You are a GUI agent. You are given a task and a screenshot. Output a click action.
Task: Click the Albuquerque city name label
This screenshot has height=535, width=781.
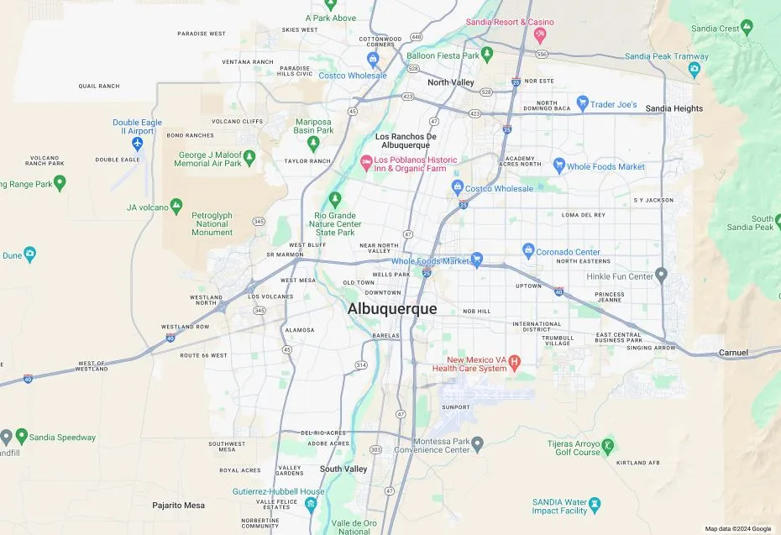point(392,309)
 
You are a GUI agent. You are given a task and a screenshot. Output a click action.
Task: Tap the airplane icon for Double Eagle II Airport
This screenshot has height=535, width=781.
point(138,144)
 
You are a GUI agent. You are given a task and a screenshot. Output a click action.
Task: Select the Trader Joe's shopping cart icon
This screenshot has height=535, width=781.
point(581,105)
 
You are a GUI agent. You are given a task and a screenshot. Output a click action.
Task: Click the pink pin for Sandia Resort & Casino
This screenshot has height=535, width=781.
point(539,35)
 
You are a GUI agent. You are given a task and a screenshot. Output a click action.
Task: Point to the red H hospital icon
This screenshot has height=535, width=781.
point(516,362)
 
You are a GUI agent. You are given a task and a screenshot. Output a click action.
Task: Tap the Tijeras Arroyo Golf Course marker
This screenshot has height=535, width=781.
point(608,445)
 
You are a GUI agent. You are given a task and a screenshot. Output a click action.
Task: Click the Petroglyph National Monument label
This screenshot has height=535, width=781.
point(212,223)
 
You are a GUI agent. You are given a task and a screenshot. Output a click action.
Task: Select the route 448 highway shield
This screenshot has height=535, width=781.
point(417,37)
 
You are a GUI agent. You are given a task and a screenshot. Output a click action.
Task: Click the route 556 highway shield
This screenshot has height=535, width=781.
point(542,54)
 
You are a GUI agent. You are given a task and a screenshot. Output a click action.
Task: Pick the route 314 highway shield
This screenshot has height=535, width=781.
point(361,365)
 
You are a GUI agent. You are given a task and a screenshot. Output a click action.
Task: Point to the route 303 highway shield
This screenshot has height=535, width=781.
point(375,449)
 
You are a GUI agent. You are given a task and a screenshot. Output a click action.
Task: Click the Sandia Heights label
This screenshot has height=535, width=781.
point(674,109)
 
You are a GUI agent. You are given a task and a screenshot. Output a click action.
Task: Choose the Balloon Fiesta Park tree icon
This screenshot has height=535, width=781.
point(488,55)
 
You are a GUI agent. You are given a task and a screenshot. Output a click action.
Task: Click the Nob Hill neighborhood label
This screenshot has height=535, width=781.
point(475,311)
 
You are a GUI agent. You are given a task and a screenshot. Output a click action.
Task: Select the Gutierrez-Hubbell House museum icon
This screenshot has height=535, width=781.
point(312,504)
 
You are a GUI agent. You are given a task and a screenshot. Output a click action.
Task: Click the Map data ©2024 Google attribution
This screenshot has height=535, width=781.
point(737,528)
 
